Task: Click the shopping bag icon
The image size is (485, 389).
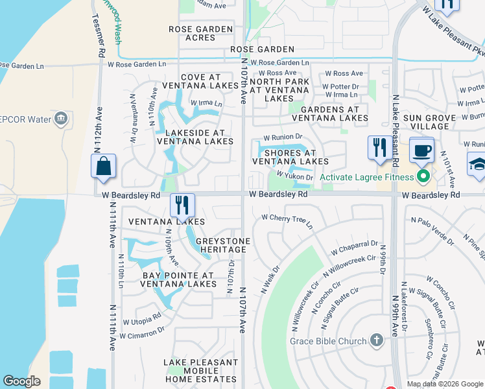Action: coord(103,166)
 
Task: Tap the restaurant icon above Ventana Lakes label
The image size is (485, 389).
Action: coord(183,205)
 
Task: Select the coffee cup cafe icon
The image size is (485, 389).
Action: coord(421,150)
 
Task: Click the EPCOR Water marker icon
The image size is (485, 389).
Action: coord(61,119)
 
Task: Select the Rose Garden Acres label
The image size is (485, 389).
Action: coord(200,34)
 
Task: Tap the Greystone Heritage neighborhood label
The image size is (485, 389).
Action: coord(224,245)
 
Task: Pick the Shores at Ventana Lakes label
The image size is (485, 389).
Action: coord(290,157)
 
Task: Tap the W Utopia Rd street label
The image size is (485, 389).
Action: coord(139,320)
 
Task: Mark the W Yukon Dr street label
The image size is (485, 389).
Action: coord(294,176)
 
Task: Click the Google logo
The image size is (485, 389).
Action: coord(21,381)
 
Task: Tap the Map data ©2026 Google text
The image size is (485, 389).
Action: coord(445,384)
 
